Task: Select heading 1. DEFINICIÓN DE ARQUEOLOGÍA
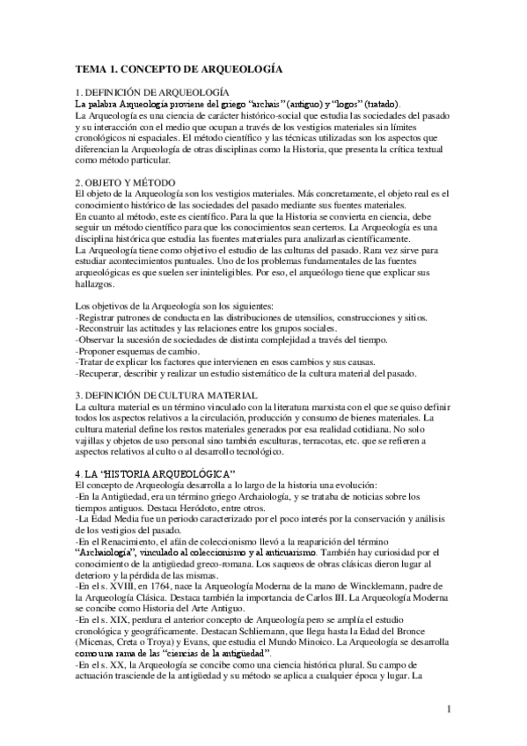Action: pyautogui.click(x=153, y=91)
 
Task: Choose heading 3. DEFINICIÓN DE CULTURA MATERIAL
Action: pyautogui.click(x=167, y=395)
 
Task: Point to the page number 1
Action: pyautogui.click(x=448, y=709)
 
